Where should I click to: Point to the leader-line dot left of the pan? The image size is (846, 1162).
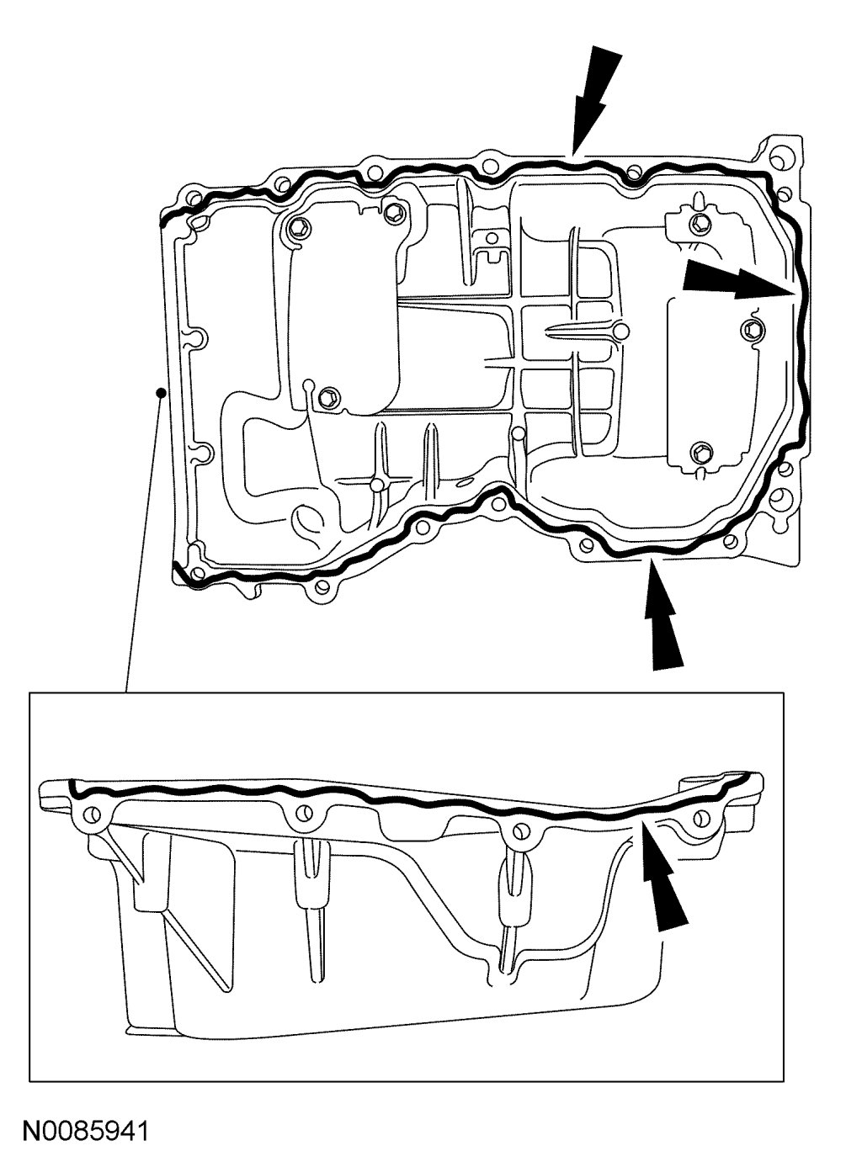click(x=160, y=390)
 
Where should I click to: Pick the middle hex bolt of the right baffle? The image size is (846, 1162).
click(x=751, y=327)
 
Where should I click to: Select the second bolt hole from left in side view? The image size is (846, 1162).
click(x=302, y=814)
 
